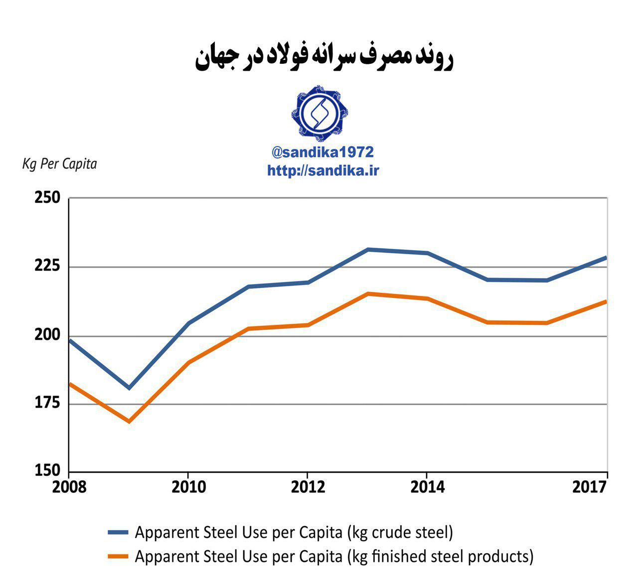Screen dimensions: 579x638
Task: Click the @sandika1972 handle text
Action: coord(322,152)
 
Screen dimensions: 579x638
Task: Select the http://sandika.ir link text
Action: coord(323,171)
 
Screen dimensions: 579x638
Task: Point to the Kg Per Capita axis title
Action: coord(59,164)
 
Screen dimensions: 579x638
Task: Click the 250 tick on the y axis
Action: coord(47,198)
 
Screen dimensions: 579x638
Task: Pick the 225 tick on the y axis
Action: coord(47,267)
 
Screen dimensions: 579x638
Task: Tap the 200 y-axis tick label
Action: coord(47,335)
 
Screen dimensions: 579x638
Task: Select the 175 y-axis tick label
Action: coord(47,403)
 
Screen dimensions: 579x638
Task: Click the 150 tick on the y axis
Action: coord(47,470)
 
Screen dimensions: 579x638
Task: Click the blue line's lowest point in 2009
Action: coord(129,388)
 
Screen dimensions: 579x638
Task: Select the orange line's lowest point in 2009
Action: coord(129,422)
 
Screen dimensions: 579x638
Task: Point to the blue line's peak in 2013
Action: coord(367,249)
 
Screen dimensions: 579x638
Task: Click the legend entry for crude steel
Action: coord(294,533)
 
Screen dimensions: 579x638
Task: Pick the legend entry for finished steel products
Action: coord(333,556)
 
